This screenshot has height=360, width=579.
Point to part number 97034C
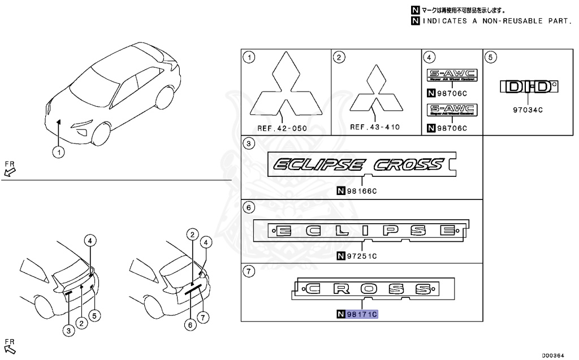(528, 110)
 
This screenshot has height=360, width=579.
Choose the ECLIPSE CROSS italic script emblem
(358, 164)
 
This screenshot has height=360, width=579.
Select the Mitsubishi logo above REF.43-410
(375, 92)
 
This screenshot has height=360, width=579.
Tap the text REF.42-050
(282, 128)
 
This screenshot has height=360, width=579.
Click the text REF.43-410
(375, 127)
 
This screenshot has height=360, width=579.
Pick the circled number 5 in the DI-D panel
(491, 57)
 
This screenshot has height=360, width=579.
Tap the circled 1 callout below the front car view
(59, 151)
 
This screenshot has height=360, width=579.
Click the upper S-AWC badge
(452, 75)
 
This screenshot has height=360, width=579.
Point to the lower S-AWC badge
(452, 109)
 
